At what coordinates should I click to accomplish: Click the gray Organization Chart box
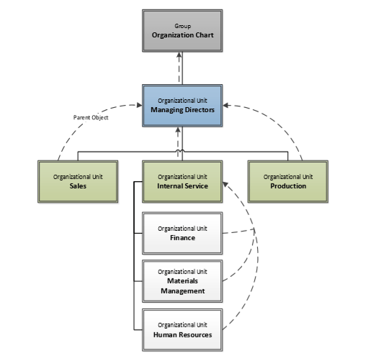tap(182, 30)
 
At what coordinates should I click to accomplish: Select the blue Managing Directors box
tap(182, 106)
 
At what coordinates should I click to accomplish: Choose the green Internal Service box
tap(182, 180)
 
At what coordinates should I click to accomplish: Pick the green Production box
tap(288, 180)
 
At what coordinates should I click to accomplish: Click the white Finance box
tap(182, 233)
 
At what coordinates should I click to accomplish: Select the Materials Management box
tap(182, 281)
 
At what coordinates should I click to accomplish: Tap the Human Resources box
tap(182, 329)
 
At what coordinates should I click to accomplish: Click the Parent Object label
tap(91, 117)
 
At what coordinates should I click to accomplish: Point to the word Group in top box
tap(182, 25)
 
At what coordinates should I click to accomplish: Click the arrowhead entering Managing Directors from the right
tap(228, 106)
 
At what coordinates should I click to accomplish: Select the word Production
tap(288, 186)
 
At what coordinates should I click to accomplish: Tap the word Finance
tap(182, 237)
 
